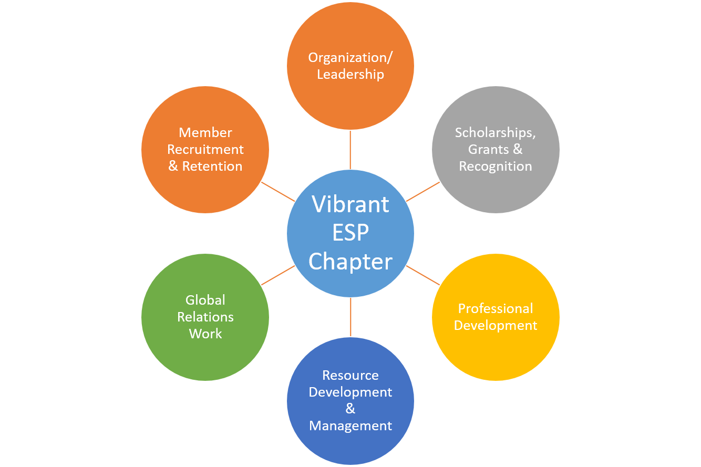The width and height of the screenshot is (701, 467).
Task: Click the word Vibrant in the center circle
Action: click(x=350, y=204)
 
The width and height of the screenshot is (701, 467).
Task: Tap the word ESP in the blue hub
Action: click(x=350, y=233)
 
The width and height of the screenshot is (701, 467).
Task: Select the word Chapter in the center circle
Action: click(x=350, y=262)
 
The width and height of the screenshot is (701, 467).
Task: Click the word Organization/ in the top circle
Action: click(x=350, y=58)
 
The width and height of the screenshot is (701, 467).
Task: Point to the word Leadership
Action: click(x=350, y=75)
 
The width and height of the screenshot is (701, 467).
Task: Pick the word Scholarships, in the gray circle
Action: click(x=496, y=133)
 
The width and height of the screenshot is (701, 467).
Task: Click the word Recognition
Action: click(x=496, y=167)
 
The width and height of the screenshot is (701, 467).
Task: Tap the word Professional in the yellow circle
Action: click(x=496, y=309)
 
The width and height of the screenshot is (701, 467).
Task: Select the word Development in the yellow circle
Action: click(x=496, y=326)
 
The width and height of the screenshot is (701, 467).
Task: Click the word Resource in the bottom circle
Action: click(x=350, y=376)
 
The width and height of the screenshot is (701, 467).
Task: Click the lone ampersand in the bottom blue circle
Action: click(x=350, y=409)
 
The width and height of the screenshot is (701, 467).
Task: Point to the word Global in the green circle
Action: click(x=205, y=300)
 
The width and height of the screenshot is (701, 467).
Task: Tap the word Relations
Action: click(x=205, y=317)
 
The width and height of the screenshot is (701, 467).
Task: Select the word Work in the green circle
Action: click(x=205, y=334)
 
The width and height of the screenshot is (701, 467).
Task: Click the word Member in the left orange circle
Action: click(x=205, y=133)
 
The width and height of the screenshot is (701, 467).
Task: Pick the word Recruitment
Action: click(x=205, y=150)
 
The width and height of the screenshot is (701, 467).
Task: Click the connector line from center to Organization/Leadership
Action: click(x=350, y=150)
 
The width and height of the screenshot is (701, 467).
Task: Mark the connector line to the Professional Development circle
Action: click(x=423, y=275)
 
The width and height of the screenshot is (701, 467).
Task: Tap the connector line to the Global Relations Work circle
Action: click(x=278, y=275)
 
